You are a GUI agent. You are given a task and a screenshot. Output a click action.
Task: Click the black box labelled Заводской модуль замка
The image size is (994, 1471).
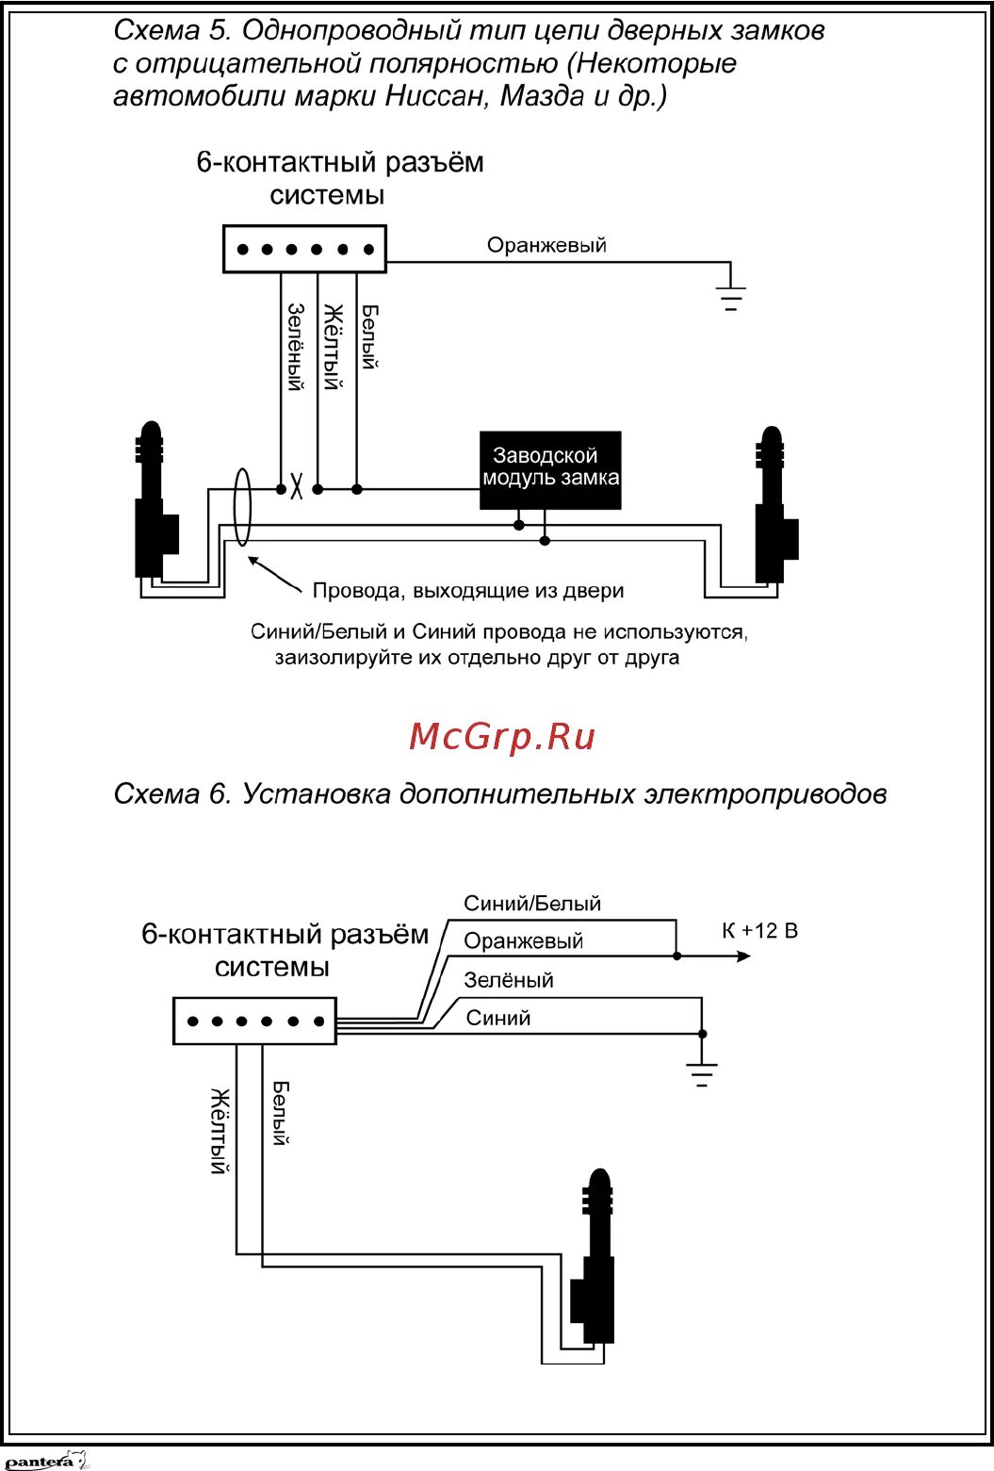point(550,469)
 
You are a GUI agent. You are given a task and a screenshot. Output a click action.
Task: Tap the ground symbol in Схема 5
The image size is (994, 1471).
point(730,297)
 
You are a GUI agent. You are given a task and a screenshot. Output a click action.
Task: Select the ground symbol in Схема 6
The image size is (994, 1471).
point(701,1073)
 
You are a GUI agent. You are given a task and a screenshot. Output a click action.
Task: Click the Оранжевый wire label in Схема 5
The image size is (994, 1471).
point(546,245)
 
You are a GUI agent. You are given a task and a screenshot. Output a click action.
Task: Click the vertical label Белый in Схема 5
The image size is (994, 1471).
point(369,336)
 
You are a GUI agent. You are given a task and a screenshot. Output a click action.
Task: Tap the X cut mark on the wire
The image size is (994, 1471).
point(296,489)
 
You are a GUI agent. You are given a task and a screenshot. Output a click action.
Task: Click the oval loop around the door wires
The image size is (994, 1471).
point(241,508)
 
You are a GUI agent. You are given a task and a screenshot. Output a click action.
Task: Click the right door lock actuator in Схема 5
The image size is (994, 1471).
point(774,509)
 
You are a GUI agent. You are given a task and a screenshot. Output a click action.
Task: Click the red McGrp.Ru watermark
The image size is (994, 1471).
point(502,735)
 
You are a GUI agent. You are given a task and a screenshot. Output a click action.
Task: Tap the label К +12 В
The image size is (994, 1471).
point(759,931)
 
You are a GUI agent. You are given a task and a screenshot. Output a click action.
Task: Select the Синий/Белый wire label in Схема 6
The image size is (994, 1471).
point(532,904)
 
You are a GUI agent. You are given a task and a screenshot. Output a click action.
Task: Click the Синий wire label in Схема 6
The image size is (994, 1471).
point(498,1018)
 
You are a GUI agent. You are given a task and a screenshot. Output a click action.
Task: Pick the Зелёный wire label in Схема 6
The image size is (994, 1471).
point(509,980)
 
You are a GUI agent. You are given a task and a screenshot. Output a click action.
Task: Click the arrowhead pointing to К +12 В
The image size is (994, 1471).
point(743,956)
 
